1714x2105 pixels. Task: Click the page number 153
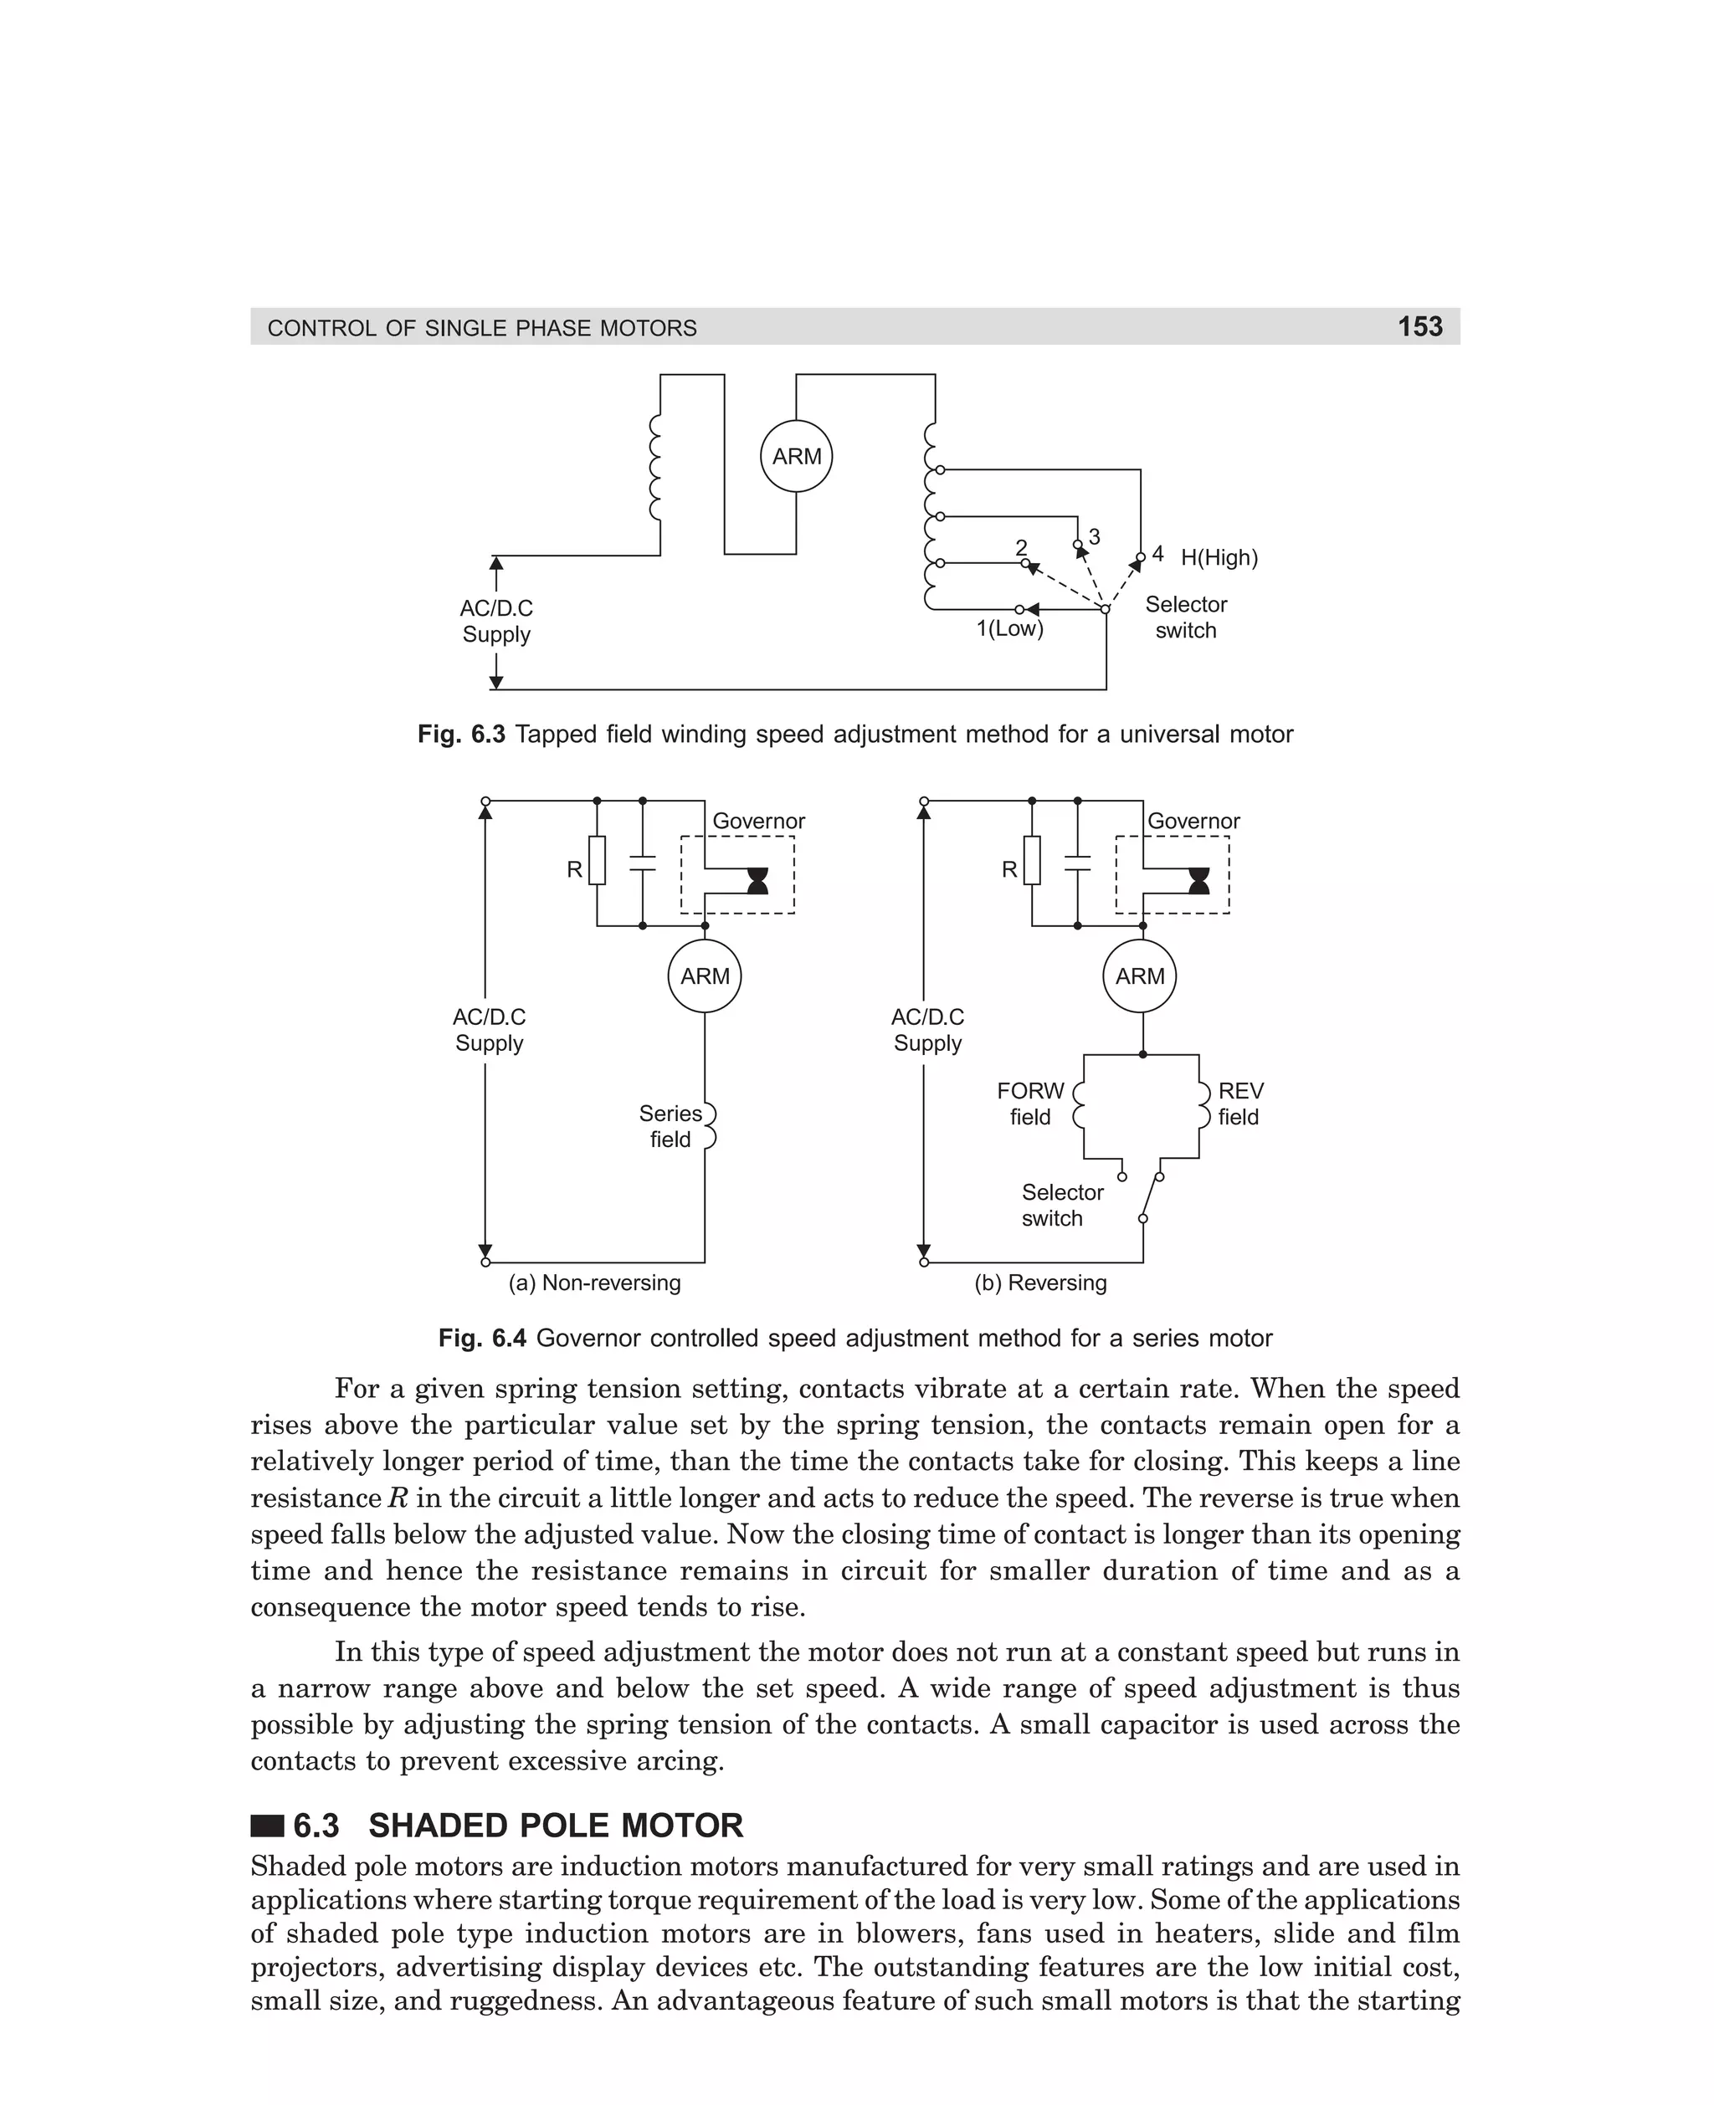tap(1419, 326)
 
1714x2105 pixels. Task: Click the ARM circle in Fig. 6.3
tap(796, 457)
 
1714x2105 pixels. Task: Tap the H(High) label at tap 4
tap(1219, 557)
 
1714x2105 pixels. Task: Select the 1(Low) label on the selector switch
tap(1009, 628)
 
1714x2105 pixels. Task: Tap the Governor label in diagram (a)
tap(758, 821)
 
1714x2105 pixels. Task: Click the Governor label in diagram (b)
tap(1193, 821)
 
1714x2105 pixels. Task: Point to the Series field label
tap(670, 1126)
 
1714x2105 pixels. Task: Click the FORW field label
tap(1029, 1104)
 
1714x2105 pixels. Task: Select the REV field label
tap(1239, 1104)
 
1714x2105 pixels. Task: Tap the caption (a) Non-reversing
tap(594, 1283)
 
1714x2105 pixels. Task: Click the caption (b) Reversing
tap(1039, 1283)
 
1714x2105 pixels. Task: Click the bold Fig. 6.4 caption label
tap(482, 1338)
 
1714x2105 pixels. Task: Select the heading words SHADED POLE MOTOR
tap(555, 1826)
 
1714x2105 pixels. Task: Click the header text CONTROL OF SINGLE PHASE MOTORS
tap(482, 329)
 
